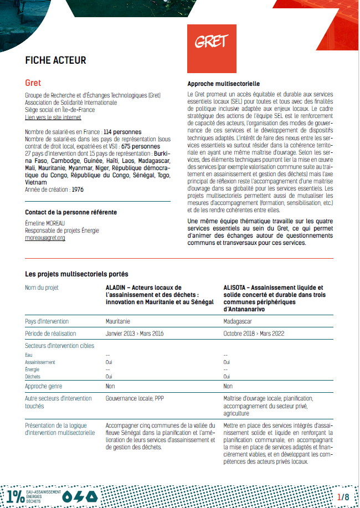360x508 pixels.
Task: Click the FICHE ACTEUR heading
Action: point(55,60)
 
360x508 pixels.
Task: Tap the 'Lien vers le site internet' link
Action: point(53,117)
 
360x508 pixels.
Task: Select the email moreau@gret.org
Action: point(45,238)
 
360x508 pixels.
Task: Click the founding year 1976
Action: point(77,189)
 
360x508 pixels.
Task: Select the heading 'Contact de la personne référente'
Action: point(71,212)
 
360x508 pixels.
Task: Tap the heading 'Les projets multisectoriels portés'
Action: point(76,274)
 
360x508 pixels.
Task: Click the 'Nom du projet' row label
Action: point(42,288)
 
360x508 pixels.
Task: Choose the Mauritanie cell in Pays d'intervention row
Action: point(118,321)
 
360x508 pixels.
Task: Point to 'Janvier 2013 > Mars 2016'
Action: point(135,333)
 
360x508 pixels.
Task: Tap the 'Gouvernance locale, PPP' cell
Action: point(135,398)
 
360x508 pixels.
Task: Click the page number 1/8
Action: point(343,497)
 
